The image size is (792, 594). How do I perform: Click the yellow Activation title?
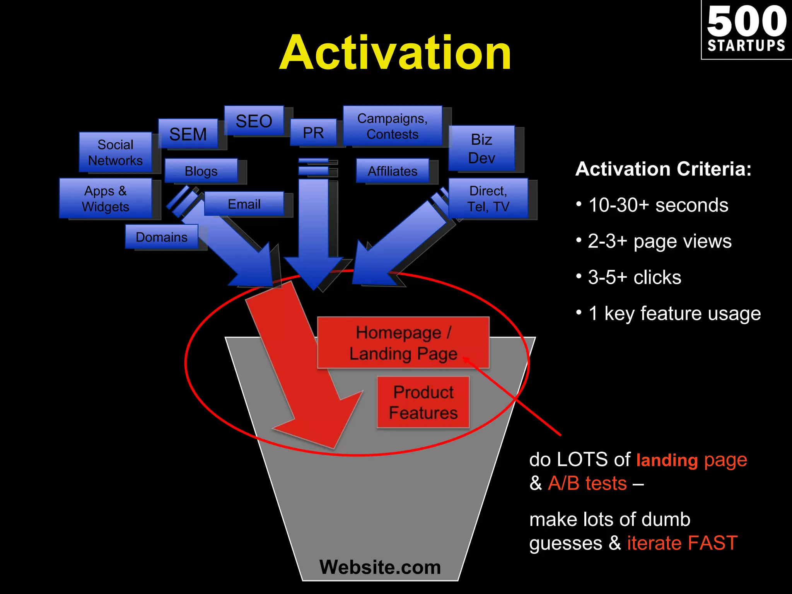tap(395, 53)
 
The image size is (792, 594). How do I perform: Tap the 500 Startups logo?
tap(746, 30)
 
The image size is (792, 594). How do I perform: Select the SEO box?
tap(254, 121)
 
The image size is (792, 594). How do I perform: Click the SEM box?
tap(188, 134)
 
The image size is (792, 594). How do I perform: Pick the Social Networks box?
tap(115, 152)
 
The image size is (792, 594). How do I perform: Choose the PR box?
tap(313, 133)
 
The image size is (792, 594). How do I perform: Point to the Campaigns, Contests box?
tap(392, 126)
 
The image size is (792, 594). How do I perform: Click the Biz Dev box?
tap(481, 148)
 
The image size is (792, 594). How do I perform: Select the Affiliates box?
tap(392, 171)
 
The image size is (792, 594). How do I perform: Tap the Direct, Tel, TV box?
tap(488, 198)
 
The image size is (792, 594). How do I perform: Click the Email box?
tap(244, 204)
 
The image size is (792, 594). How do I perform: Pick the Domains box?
tap(162, 237)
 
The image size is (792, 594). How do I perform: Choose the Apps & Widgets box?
tap(105, 198)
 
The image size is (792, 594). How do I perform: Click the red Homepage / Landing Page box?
tap(403, 343)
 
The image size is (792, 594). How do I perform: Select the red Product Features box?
tap(423, 402)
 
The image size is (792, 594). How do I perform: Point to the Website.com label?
tap(380, 567)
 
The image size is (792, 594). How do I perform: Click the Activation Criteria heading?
tap(663, 169)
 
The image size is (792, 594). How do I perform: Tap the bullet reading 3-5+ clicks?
tap(634, 277)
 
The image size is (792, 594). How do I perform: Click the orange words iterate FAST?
tap(682, 543)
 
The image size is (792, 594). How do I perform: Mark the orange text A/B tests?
tap(587, 483)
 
